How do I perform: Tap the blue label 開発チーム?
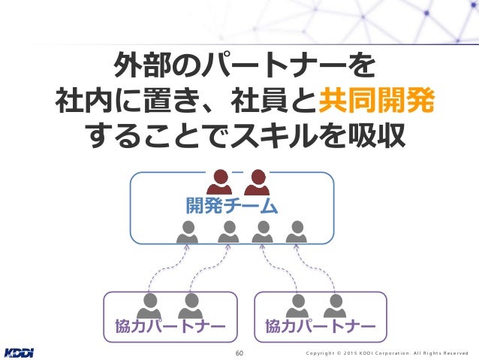(x=232, y=204)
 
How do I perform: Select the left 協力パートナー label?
(x=170, y=326)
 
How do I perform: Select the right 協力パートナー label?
(x=321, y=326)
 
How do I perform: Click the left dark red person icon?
(x=219, y=182)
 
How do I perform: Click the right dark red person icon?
(x=257, y=182)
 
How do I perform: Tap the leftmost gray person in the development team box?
(x=188, y=232)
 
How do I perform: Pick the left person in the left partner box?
(x=149, y=304)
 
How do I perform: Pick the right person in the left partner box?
(x=190, y=304)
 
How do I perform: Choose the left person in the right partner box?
(x=299, y=304)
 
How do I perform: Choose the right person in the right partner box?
(x=334, y=304)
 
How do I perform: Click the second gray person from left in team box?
(x=228, y=232)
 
